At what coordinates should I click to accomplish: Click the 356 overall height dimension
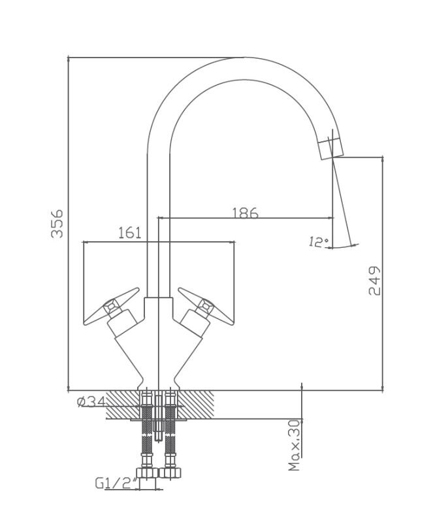pyautogui.click(x=57, y=224)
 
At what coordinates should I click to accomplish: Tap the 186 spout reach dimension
pyautogui.click(x=245, y=213)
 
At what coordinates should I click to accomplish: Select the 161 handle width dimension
pyautogui.click(x=130, y=233)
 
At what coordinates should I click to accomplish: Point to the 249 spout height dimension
pyautogui.click(x=374, y=280)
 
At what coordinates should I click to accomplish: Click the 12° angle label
pyautogui.click(x=319, y=241)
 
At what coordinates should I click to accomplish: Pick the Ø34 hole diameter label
pyautogui.click(x=91, y=402)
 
